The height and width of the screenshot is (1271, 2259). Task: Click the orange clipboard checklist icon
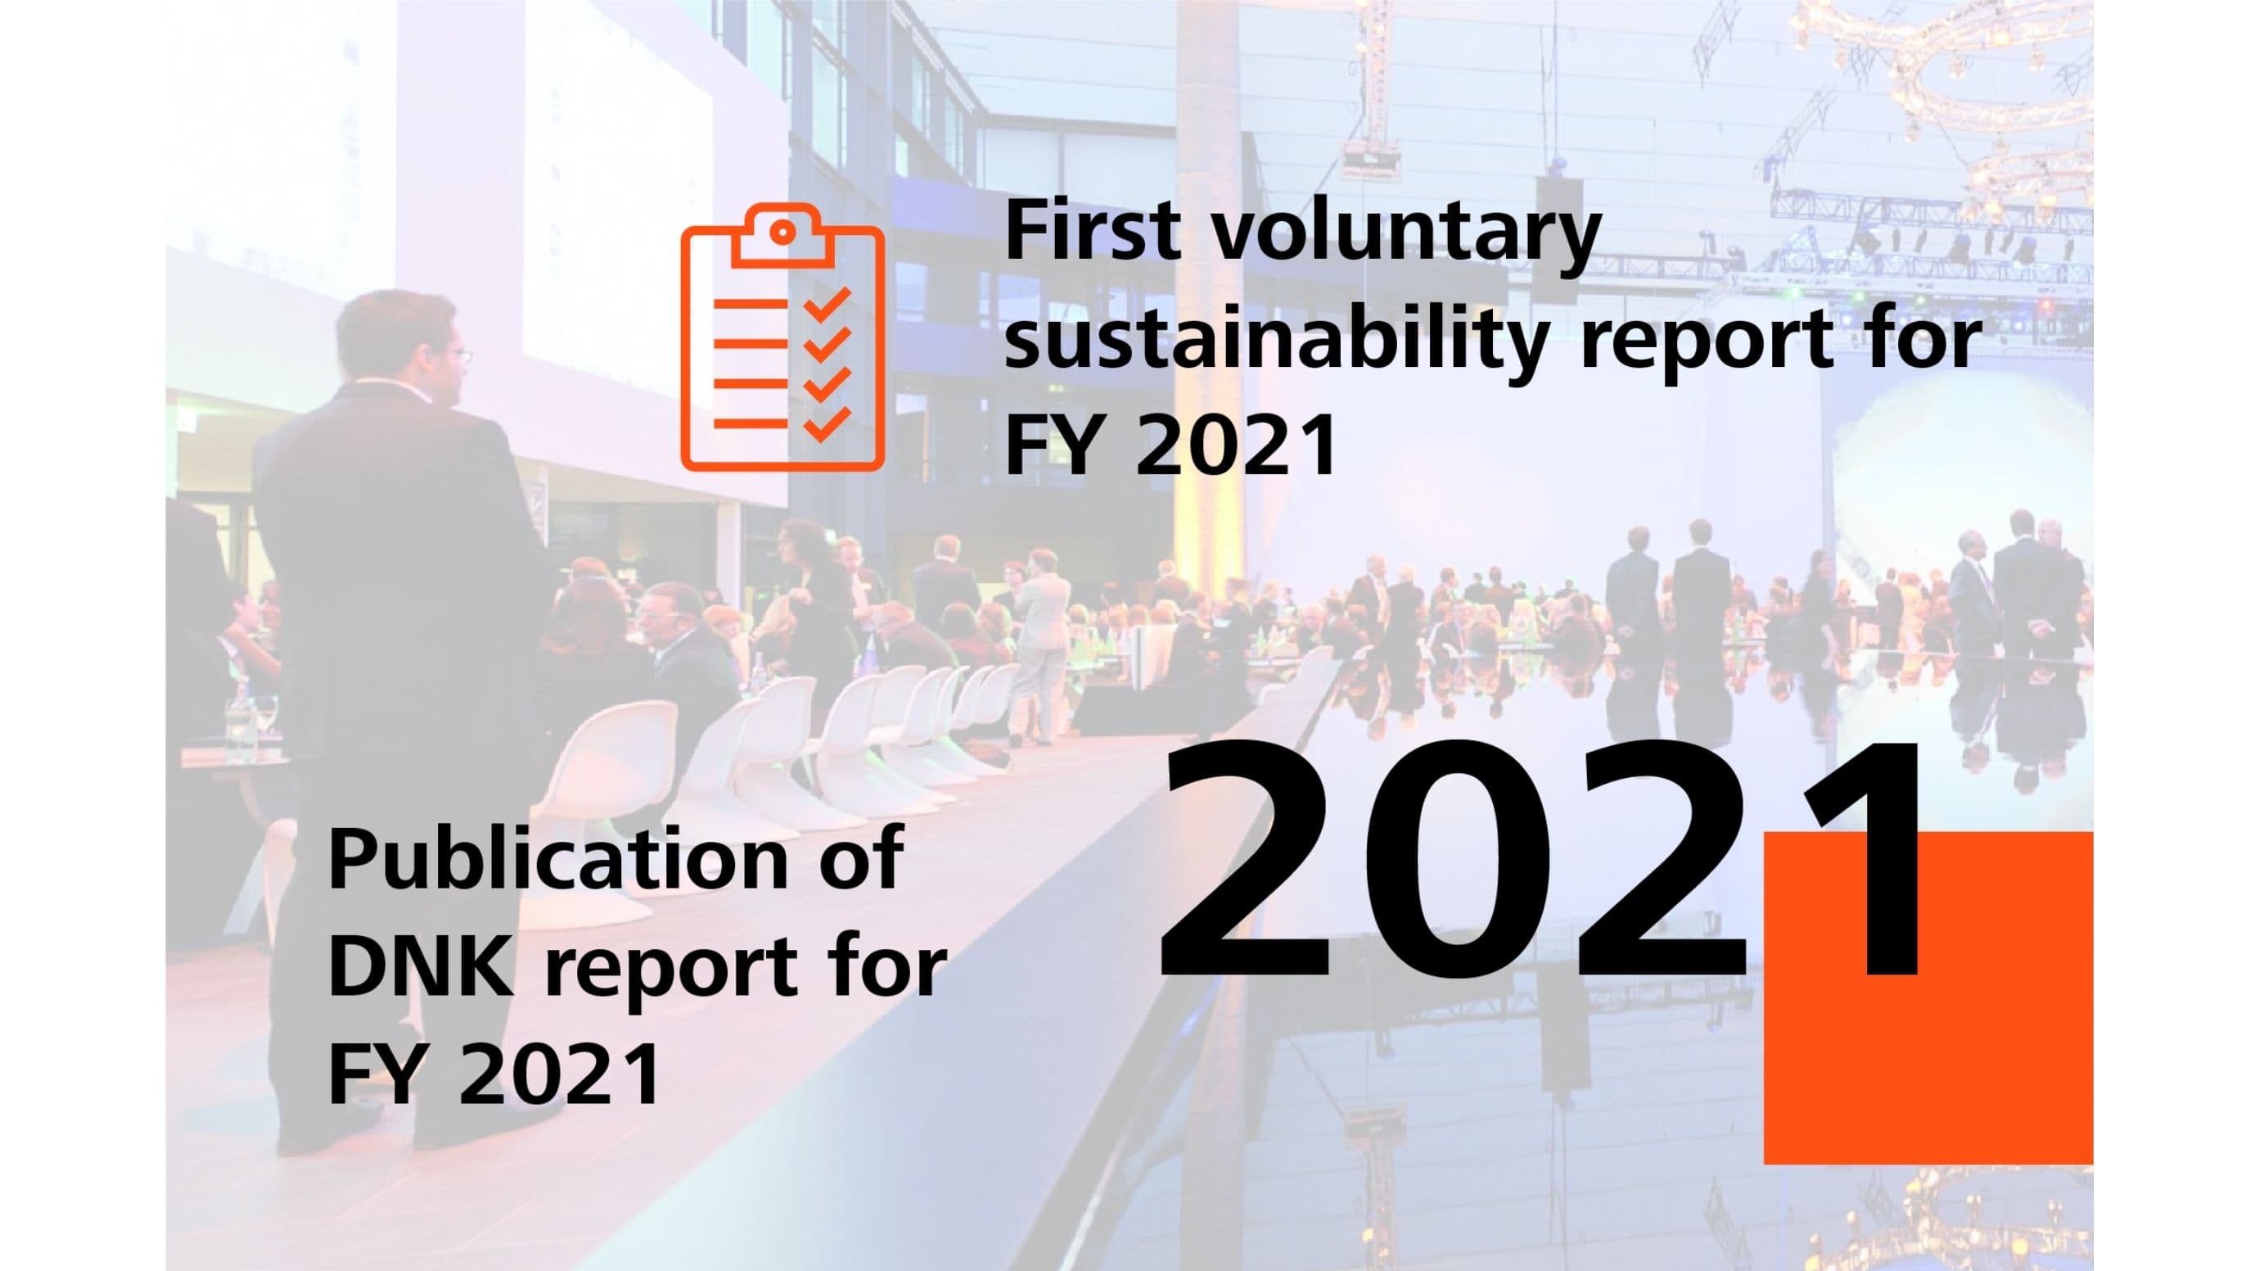tap(782, 337)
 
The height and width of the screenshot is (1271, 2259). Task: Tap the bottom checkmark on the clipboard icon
tap(827, 423)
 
